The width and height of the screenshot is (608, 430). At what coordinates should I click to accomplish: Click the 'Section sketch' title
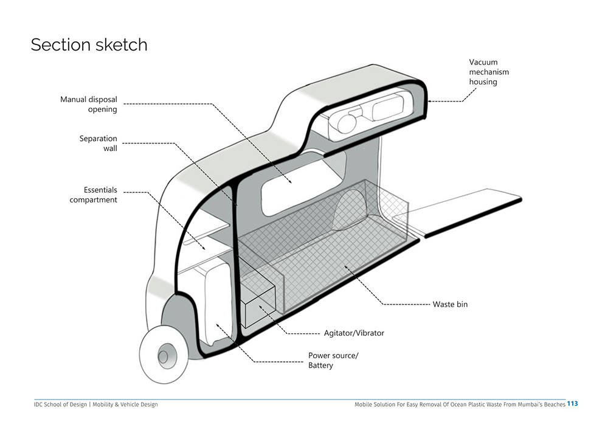click(89, 44)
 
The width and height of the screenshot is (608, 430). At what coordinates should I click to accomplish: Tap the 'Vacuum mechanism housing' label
click(489, 72)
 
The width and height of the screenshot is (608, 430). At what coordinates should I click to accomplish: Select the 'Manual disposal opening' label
click(88, 104)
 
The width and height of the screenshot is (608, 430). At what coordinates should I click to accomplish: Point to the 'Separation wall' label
click(98, 143)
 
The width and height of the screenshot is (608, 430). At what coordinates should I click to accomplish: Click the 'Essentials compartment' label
click(93, 195)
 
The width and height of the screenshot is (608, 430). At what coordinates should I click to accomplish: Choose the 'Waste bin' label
click(450, 304)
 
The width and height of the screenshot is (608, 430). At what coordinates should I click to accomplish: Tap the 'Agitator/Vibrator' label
click(354, 333)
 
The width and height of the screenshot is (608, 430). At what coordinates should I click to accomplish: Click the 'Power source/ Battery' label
click(333, 360)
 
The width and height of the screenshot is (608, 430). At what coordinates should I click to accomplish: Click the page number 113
click(572, 404)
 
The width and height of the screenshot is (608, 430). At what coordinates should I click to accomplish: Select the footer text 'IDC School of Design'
click(60, 404)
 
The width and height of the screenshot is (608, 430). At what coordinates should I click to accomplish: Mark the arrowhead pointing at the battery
click(218, 326)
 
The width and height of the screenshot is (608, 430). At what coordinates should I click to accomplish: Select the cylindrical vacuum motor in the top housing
click(347, 122)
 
